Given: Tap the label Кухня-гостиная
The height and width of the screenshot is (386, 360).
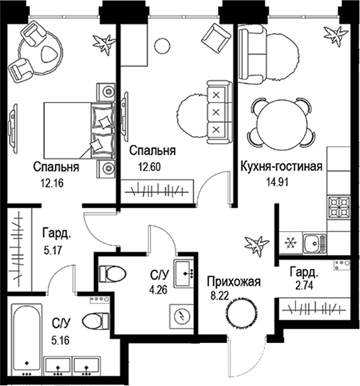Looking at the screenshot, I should tap(282, 167).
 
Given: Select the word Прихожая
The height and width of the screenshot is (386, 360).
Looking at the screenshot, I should tap(234, 282).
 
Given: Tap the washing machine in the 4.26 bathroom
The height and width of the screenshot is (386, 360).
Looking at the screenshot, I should tap(182, 315).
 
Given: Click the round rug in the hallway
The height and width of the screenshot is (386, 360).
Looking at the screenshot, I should tap(243, 312).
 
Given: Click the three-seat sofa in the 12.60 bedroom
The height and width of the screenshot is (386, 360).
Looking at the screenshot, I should tap(215, 111).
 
